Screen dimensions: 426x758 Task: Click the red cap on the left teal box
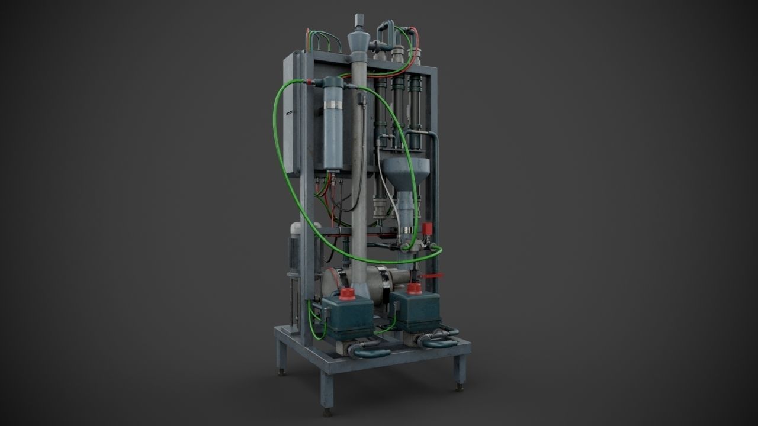347,293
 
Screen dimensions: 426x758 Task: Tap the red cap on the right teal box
414,289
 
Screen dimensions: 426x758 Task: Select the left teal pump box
347,317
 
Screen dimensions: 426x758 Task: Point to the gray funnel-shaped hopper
406,171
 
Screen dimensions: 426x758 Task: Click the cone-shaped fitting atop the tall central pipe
358,41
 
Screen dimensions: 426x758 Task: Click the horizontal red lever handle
433,276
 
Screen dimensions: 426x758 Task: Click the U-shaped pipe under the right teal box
438,340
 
